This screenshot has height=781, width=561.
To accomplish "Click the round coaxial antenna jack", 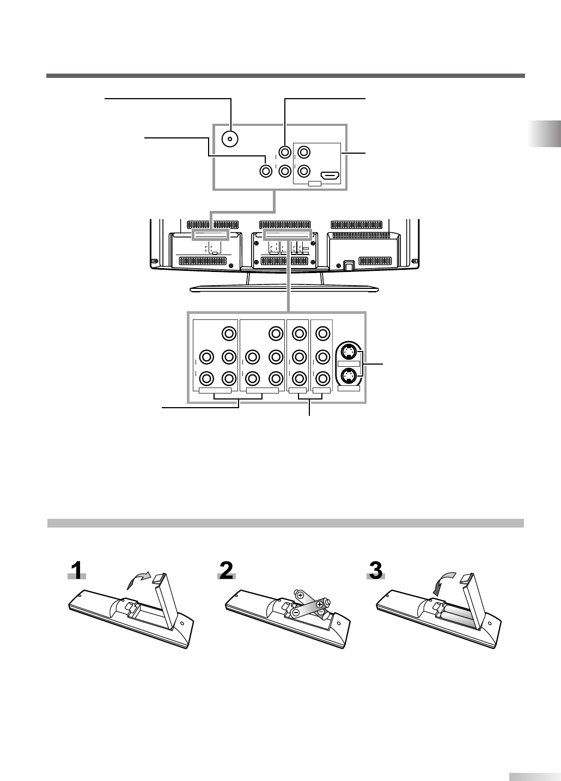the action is [230, 139].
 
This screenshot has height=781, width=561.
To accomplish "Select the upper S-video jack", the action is [349, 350].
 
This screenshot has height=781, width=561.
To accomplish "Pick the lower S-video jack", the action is [349, 376].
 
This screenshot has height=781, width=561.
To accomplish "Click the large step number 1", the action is [78, 572].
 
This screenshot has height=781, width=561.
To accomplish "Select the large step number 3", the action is [376, 572].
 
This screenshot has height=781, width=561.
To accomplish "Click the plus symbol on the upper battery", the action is [300, 596].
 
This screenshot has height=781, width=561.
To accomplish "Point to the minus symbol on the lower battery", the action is [295, 613].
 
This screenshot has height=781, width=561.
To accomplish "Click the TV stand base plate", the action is [283, 288].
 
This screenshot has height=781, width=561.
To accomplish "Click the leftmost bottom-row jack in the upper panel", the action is [265, 171].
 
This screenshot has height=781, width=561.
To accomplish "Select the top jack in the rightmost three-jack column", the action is [322, 333].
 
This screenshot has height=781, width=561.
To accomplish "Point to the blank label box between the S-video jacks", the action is [349, 364].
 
